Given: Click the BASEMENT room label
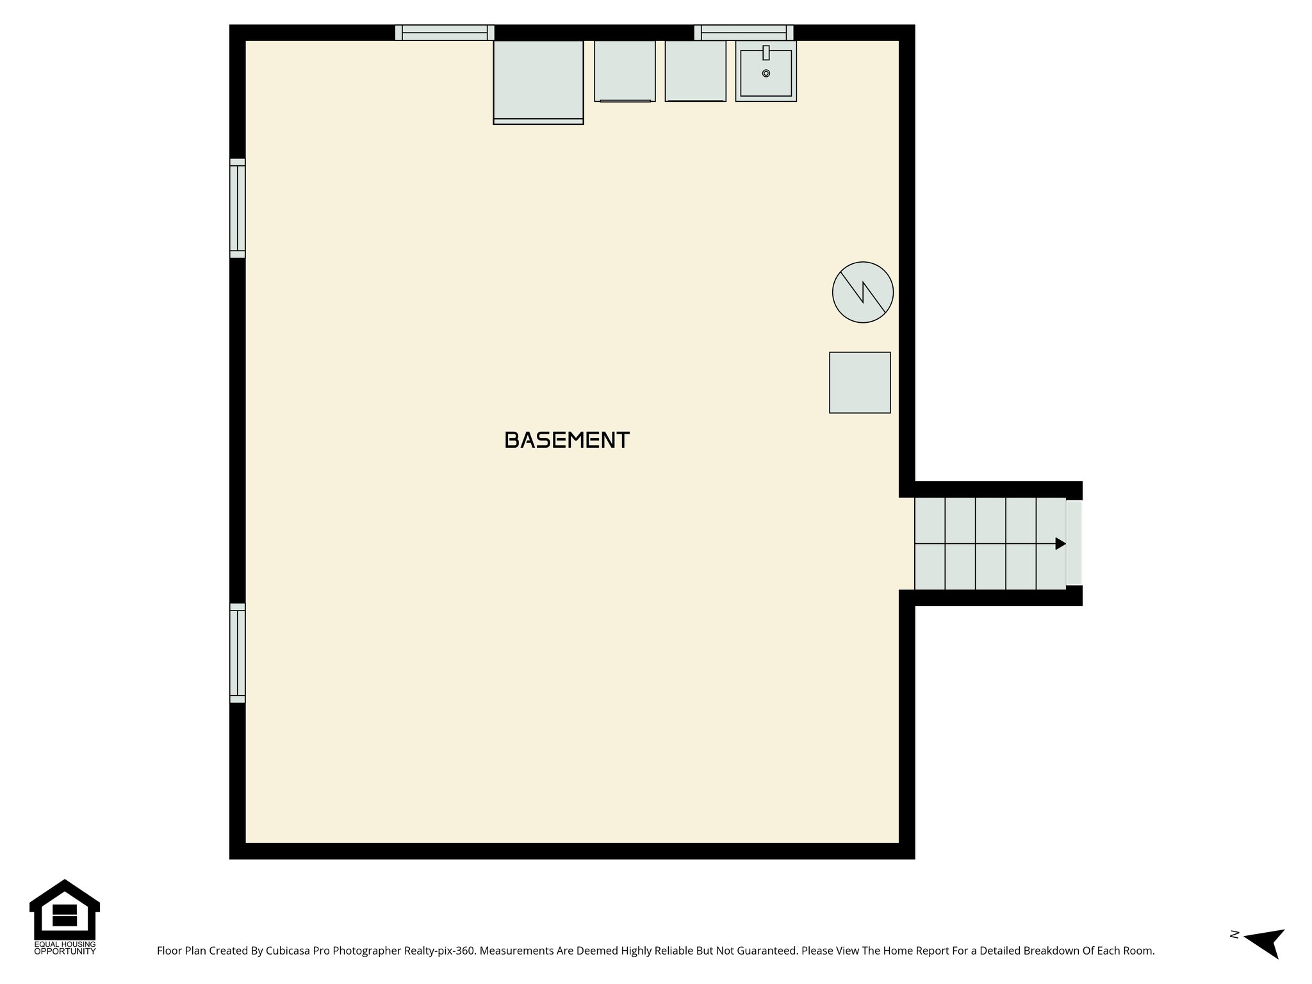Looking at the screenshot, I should pos(567,440).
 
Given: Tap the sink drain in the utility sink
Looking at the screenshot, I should pos(766,74).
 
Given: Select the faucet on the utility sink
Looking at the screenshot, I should pos(766,53).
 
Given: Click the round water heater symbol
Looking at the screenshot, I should pos(862,292).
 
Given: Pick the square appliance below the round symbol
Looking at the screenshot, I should pos(860,382).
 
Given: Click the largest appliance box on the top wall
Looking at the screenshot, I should pos(538,81).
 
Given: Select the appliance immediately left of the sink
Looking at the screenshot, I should pos(695,71).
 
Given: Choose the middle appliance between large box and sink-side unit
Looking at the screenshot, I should pos(625,71).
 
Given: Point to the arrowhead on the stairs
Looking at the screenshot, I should pos(1060,544).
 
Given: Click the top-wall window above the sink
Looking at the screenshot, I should pos(744,32).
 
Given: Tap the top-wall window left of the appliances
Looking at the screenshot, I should pos(445,32).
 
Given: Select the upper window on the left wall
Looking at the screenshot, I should pos(237,208).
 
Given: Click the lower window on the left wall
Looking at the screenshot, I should pos(237,653).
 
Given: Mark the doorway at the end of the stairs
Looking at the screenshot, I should pos(1074,543).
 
